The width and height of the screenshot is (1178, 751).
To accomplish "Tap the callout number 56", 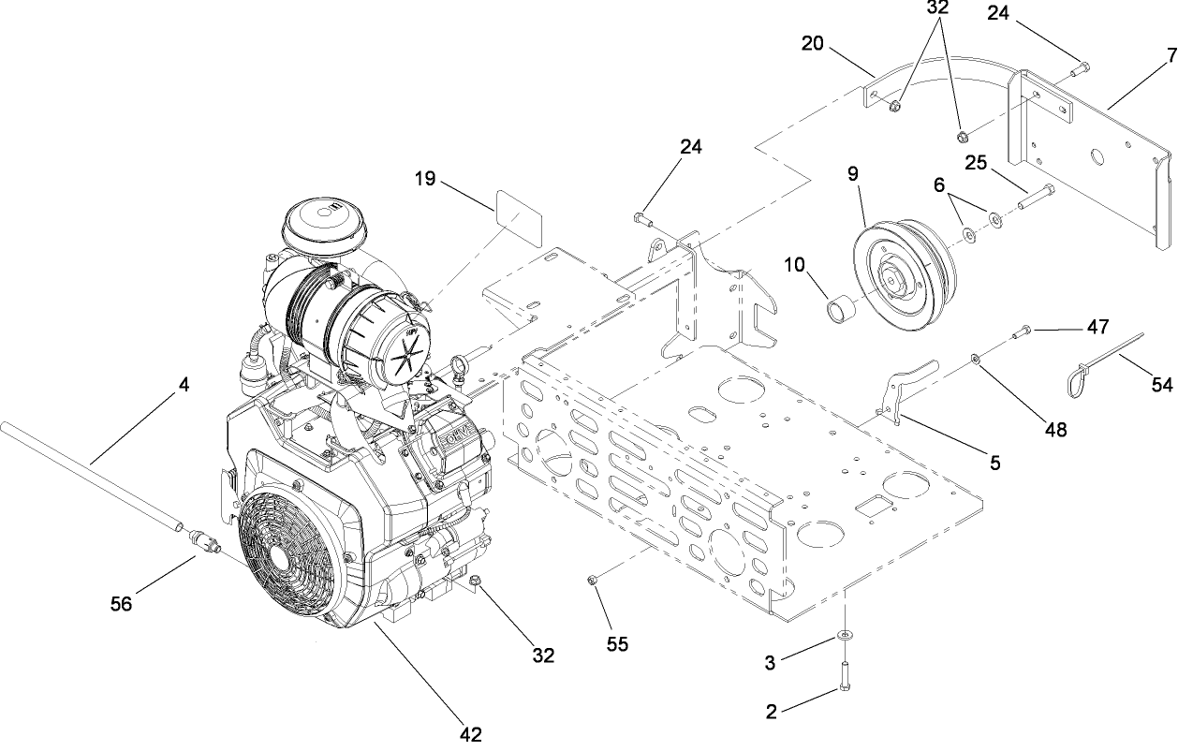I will (x=121, y=604).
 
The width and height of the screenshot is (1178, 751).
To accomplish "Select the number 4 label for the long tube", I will (x=184, y=384).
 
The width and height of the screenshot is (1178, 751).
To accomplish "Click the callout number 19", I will (x=426, y=178).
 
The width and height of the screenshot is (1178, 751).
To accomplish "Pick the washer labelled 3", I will (x=845, y=636).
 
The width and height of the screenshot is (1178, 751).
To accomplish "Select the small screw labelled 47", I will (x=1023, y=330).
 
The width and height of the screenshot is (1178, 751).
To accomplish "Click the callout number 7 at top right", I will (x=1171, y=55).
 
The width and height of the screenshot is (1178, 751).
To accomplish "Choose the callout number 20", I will (x=812, y=43).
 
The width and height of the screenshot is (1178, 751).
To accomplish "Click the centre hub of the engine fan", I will (x=279, y=552).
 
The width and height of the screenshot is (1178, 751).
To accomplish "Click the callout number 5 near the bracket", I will (x=995, y=462).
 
